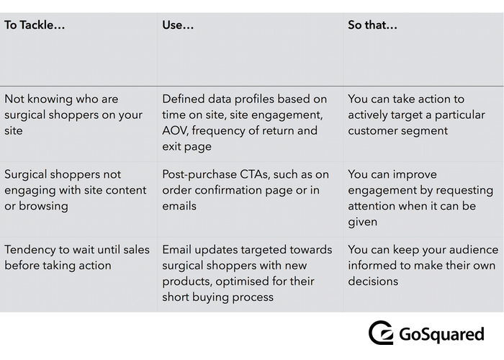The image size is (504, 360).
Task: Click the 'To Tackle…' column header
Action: coord(35,25)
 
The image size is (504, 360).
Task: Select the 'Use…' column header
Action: coord(178,25)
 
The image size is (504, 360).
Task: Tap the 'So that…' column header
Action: coord(372,25)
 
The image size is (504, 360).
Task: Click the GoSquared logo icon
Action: coord(381,333)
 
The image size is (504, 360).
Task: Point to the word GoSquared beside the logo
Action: coord(441,334)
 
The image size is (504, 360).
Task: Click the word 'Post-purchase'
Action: coord(199,174)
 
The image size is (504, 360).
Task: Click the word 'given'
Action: coord(362,222)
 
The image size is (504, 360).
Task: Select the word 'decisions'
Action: coord(373,282)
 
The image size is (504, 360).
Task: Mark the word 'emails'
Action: coord(179,206)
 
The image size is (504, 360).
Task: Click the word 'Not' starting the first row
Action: coord(14,99)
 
